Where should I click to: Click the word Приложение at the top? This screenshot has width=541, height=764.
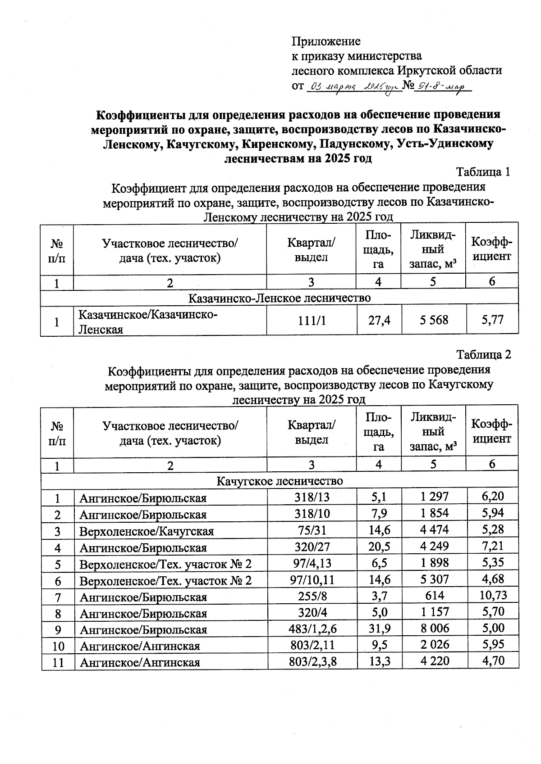pyautogui.click(x=326, y=41)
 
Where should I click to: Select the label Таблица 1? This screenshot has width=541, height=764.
pyautogui.click(x=483, y=172)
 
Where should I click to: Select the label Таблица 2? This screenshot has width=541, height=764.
pyautogui.click(x=484, y=355)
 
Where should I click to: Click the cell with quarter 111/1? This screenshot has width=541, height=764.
pyautogui.click(x=311, y=321)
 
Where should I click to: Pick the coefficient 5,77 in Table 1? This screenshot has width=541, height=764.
pyautogui.click(x=492, y=320)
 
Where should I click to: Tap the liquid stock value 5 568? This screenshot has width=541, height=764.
pyautogui.click(x=433, y=320)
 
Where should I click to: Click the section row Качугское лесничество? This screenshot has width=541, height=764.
pyautogui.click(x=280, y=481)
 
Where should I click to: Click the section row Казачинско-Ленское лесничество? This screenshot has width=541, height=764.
pyautogui.click(x=280, y=298)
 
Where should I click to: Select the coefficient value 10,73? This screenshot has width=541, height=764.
pyautogui.click(x=493, y=595)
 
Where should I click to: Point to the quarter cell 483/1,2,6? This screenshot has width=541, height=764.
pyautogui.click(x=312, y=628)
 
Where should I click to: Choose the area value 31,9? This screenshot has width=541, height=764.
pyautogui.click(x=379, y=628)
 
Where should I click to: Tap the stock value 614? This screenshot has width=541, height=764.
pyautogui.click(x=434, y=596)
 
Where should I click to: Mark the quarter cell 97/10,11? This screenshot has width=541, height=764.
pyautogui.click(x=312, y=579)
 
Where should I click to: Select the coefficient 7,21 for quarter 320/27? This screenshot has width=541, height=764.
pyautogui.click(x=493, y=547)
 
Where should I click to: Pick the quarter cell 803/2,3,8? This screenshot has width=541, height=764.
pyautogui.click(x=312, y=661)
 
